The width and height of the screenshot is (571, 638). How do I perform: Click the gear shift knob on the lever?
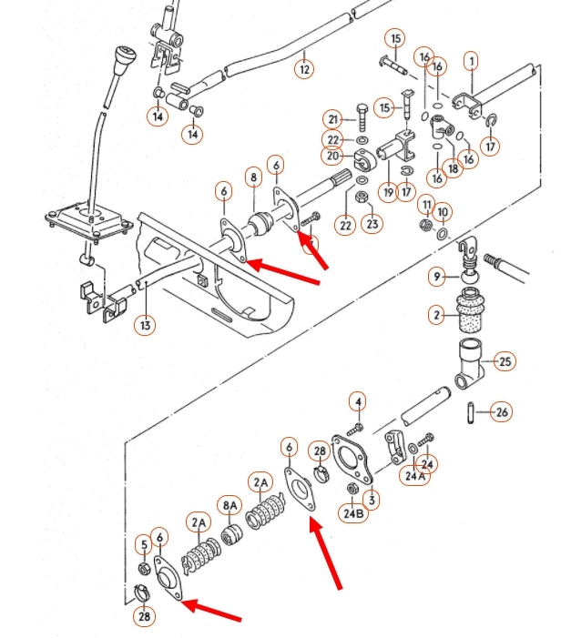tap(123, 61)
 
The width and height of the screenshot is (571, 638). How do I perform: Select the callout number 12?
tap(304, 69)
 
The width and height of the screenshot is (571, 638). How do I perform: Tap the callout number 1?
tap(472, 62)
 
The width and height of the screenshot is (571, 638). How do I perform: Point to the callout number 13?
tap(146, 326)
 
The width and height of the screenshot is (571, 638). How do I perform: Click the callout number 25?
tap(505, 361)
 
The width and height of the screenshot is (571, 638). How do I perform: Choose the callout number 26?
tap(502, 412)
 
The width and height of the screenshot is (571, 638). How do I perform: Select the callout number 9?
tap(437, 277)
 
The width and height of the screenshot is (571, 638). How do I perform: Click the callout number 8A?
tap(229, 506)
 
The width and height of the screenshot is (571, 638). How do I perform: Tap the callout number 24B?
tap(353, 513)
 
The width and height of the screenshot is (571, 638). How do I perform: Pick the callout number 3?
tap(372, 500)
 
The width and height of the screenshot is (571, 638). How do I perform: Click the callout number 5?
tap(144, 545)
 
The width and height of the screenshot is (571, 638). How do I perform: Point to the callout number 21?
tap(333, 119)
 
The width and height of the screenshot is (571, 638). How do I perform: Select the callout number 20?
tap(331, 156)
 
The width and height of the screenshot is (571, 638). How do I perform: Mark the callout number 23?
tap(372, 223)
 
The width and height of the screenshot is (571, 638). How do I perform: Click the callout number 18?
tap(453, 167)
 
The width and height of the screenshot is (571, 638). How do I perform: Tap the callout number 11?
tap(426, 204)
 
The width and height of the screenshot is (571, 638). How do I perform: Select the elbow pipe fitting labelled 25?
tap(470, 364)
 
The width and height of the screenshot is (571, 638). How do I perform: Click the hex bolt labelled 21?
tap(362, 118)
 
